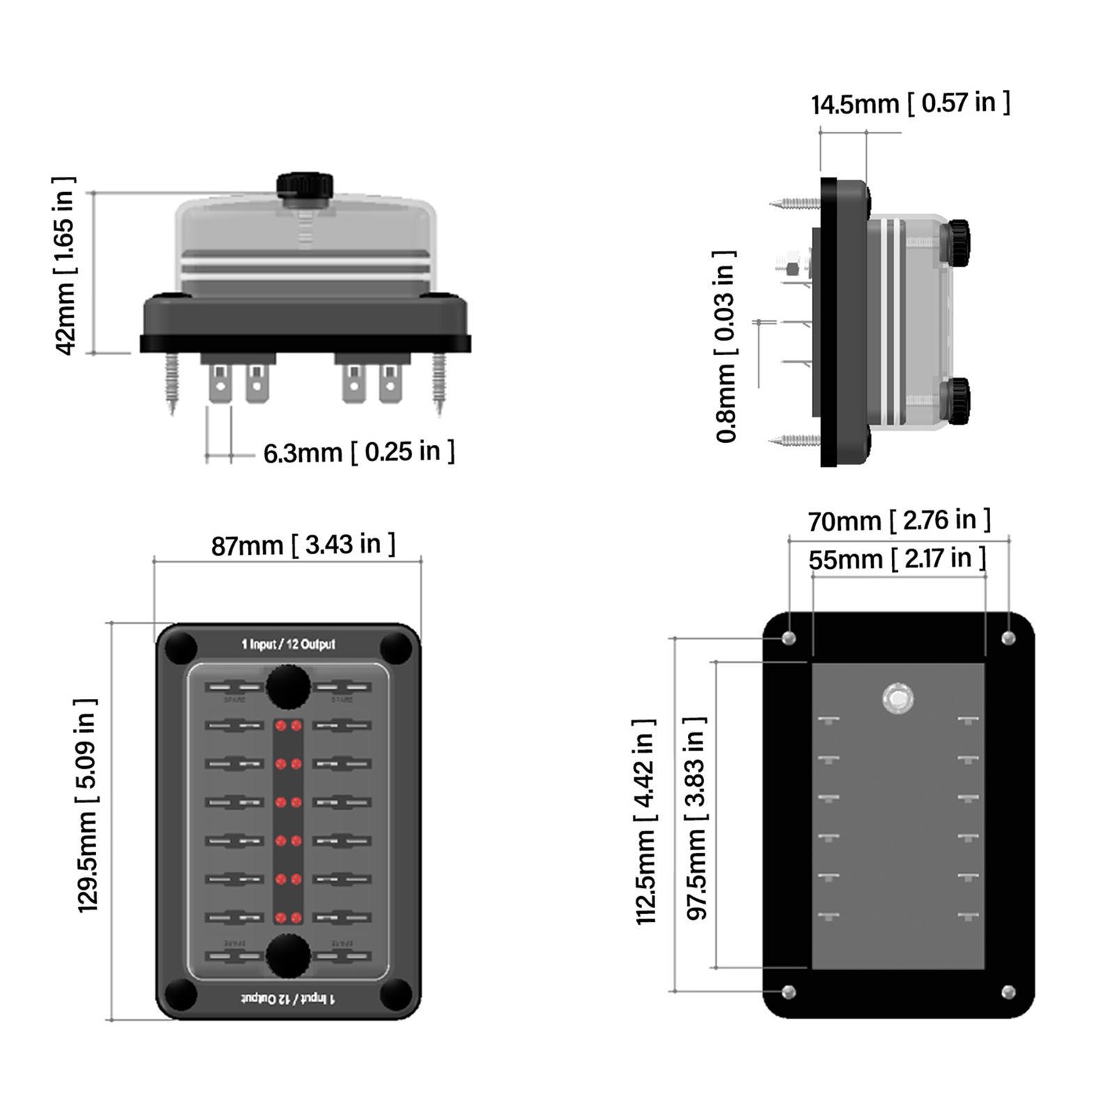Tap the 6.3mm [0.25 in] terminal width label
pyautogui.click(x=359, y=453)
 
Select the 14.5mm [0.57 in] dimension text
pyautogui.click(x=910, y=104)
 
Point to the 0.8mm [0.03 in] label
pyautogui.click(x=725, y=346)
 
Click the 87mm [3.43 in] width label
pyautogui.click(x=303, y=544)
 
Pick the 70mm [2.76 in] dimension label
pyautogui.click(x=899, y=520)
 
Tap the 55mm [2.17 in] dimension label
pyautogui.click(x=897, y=559)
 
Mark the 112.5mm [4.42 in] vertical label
pyautogui.click(x=646, y=822)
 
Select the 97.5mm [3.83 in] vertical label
pyautogui.click(x=697, y=818)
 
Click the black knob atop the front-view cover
pyautogui.click(x=305, y=186)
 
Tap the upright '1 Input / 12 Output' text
pyautogui.click(x=288, y=645)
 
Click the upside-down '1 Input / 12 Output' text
pyautogui.click(x=288, y=998)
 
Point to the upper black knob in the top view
pyautogui.click(x=288, y=685)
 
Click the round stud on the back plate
pyautogui.click(x=897, y=698)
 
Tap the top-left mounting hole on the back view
pyautogui.click(x=789, y=638)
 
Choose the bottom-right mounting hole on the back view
pyautogui.click(x=1008, y=991)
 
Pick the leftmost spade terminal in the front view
pyautogui.click(x=220, y=384)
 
